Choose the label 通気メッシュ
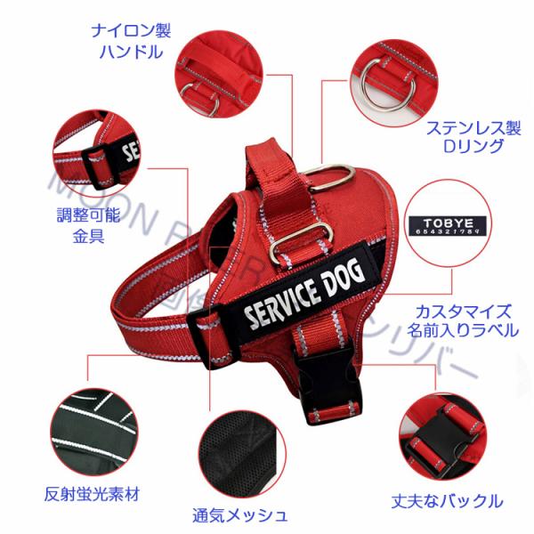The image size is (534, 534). click(239, 514)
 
